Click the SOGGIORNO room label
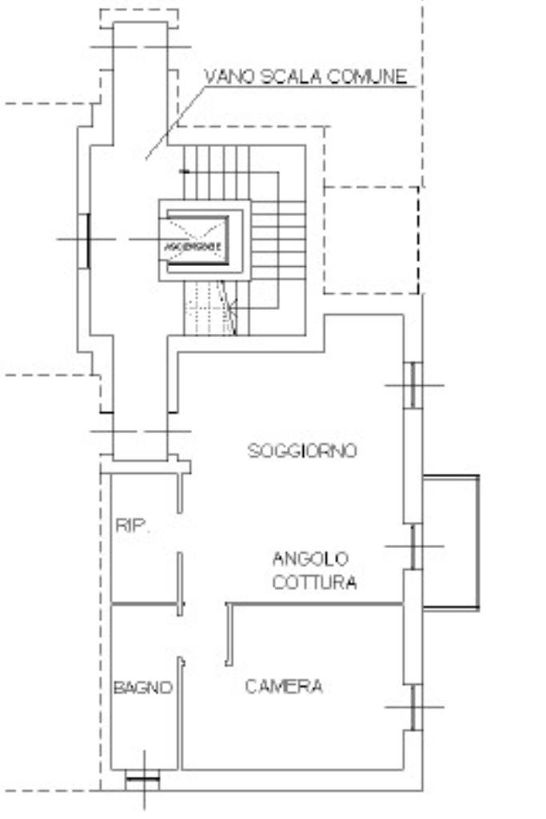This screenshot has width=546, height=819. pyautogui.click(x=302, y=451)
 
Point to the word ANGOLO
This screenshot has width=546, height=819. pyautogui.click(x=310, y=558)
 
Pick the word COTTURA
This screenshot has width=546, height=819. pyautogui.click(x=314, y=582)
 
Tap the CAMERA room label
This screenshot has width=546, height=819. pyautogui.click(x=284, y=686)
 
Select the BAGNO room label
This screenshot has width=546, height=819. pyautogui.click(x=142, y=687)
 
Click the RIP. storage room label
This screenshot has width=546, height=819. pyautogui.click(x=132, y=526)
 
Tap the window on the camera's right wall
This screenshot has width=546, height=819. pyautogui.click(x=413, y=707)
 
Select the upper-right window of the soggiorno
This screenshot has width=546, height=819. pyautogui.click(x=412, y=385)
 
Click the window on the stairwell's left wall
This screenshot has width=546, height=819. pyautogui.click(x=86, y=239)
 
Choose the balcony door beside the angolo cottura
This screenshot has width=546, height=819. pyautogui.click(x=412, y=547)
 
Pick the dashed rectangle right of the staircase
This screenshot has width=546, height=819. pyautogui.click(x=371, y=240)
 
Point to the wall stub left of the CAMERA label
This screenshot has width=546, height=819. pyautogui.click(x=229, y=634)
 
